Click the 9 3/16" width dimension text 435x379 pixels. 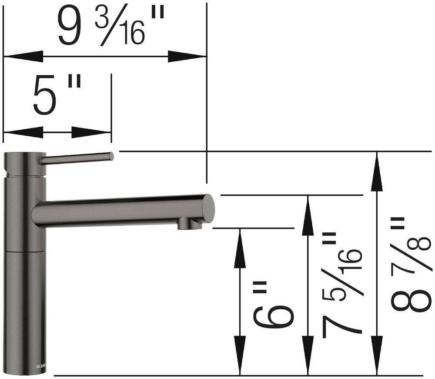point(111,27)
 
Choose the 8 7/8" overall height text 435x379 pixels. point(411,265)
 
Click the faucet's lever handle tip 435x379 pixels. point(111,156)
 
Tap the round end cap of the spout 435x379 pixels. point(208,208)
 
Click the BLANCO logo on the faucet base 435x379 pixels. point(41,366)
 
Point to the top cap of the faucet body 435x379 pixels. point(24,164)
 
